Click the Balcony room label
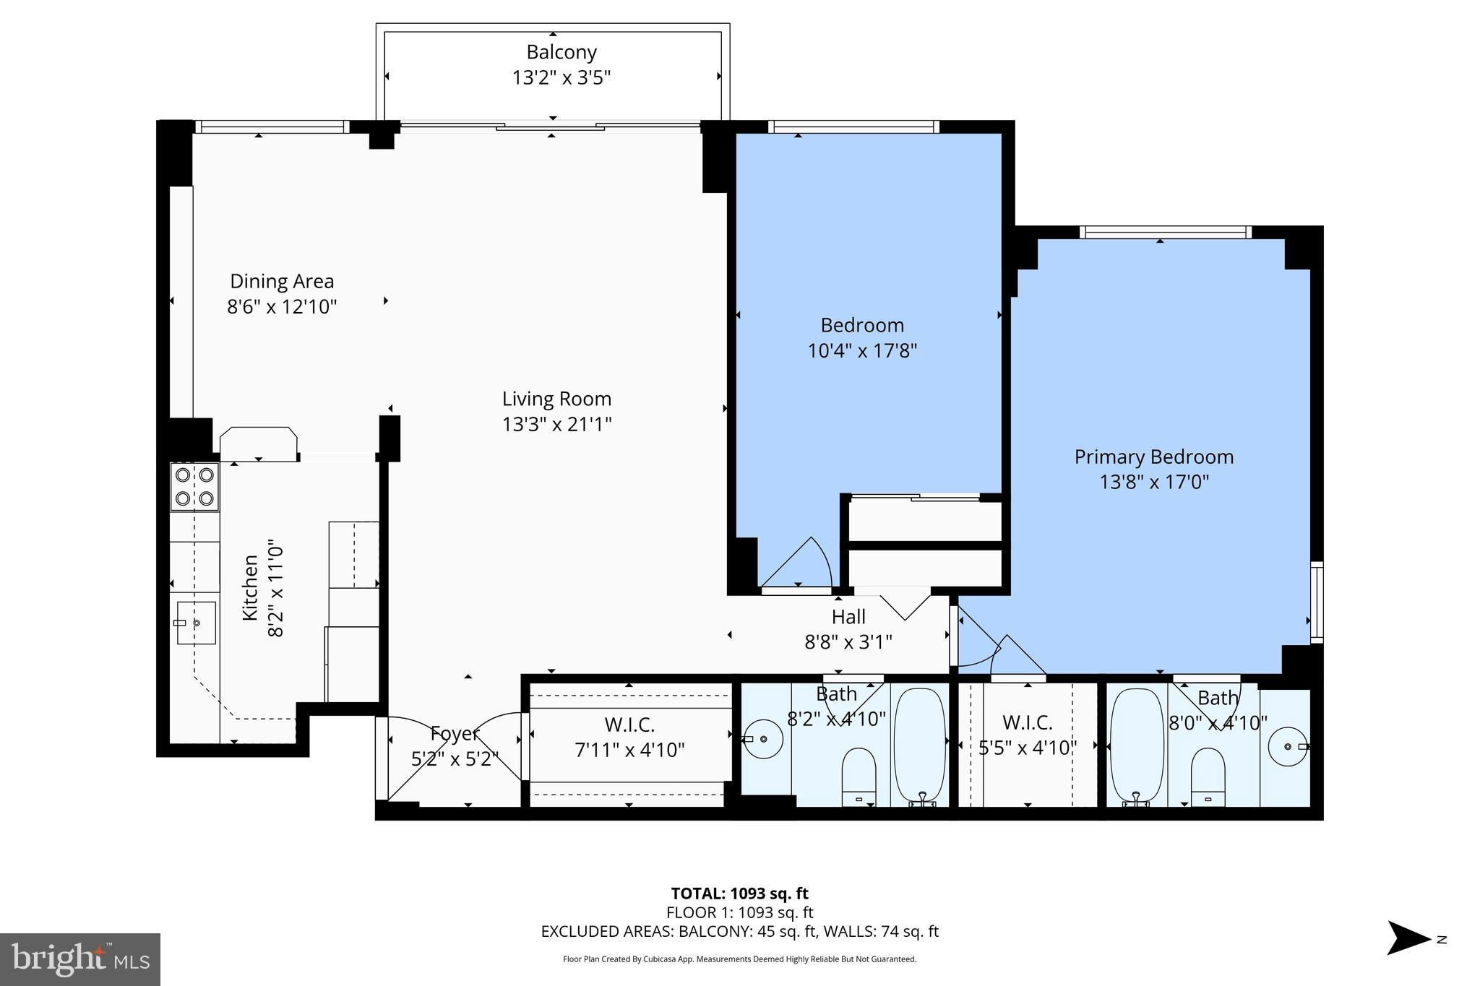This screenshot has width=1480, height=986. click(x=562, y=53)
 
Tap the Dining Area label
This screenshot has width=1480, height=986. click(x=282, y=281)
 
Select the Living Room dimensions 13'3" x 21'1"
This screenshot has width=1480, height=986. click(x=557, y=424)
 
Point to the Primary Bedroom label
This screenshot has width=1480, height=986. click(x=1154, y=457)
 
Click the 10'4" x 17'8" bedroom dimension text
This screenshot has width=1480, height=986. click(x=862, y=351)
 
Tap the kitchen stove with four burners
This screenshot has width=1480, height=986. click(x=194, y=487)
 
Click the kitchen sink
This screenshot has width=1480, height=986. click(x=196, y=622)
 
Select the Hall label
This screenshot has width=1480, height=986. click(x=848, y=617)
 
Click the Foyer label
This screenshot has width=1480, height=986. click(x=455, y=734)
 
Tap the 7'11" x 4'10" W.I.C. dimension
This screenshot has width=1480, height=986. click(x=629, y=751)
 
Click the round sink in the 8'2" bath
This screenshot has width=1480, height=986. click(x=764, y=739)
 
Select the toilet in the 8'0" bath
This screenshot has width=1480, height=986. click(x=1208, y=777)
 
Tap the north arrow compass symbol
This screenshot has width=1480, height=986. click(x=1408, y=938)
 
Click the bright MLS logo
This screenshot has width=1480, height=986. click(x=81, y=959)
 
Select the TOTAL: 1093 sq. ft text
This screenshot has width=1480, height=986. click(x=739, y=894)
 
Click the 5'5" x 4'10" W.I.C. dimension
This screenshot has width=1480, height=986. click(x=1028, y=748)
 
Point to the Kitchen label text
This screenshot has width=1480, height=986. click(x=250, y=587)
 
